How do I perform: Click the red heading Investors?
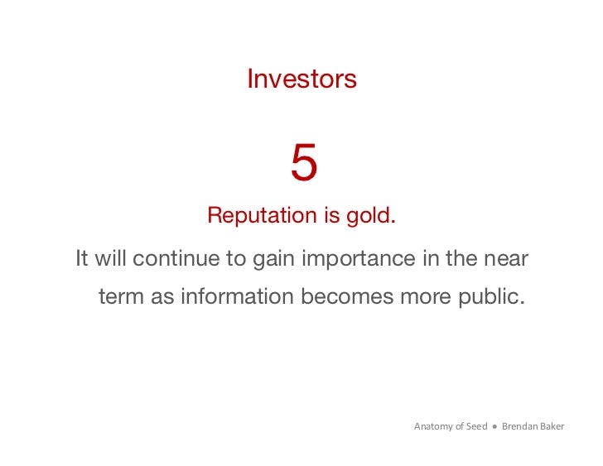coord(301,79)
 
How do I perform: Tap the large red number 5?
coord(303,163)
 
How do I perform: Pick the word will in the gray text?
coord(109,258)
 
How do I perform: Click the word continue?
coord(177,258)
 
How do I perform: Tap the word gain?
coord(273,259)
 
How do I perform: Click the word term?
coord(121,296)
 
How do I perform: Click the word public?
coord(496,296)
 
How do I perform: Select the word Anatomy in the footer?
coord(433,427)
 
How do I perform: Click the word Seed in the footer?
coord(475,427)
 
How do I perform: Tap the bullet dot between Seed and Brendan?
coord(494,427)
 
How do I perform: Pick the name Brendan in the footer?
coord(519,427)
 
